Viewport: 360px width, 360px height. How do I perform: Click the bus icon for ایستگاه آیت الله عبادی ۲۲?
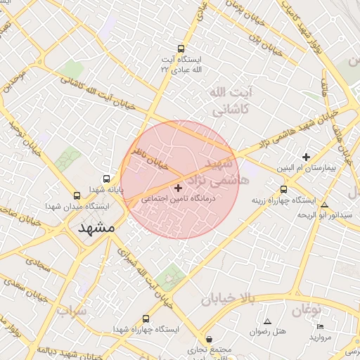[x=181, y=49]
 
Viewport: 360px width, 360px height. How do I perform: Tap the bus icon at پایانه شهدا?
[x=106, y=179]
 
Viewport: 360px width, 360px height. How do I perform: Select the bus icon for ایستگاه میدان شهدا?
[x=77, y=195]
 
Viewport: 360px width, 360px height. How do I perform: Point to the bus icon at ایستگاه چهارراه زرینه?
[x=283, y=188]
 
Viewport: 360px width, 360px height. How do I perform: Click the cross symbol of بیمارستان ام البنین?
[x=306, y=157]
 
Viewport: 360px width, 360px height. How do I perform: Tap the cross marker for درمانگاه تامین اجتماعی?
[x=178, y=188]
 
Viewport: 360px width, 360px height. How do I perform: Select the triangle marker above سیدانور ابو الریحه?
[x=324, y=205]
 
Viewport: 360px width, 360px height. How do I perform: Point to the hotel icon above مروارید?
[x=321, y=327]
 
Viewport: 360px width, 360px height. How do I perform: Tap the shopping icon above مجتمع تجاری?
[x=193, y=338]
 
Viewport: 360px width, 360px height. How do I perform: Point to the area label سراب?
[x=72, y=309]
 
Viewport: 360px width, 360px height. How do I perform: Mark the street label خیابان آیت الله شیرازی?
[x=148, y=278]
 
